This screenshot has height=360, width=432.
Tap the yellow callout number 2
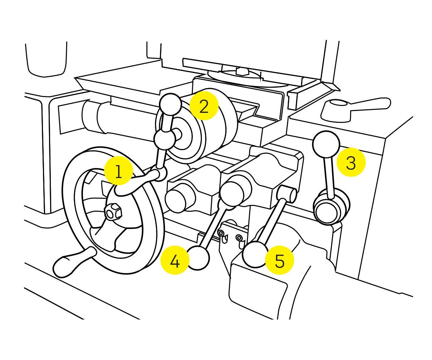(x=204, y=106)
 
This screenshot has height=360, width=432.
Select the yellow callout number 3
(x=351, y=162)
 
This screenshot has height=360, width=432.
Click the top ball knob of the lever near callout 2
(x=170, y=104)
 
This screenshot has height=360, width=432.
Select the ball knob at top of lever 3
(x=326, y=144)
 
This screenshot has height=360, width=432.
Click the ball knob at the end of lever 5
(x=255, y=255)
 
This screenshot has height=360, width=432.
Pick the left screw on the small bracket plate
(x=221, y=234)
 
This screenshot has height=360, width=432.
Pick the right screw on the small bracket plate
(x=239, y=237)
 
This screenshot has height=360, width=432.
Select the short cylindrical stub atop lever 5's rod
(x=287, y=195)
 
